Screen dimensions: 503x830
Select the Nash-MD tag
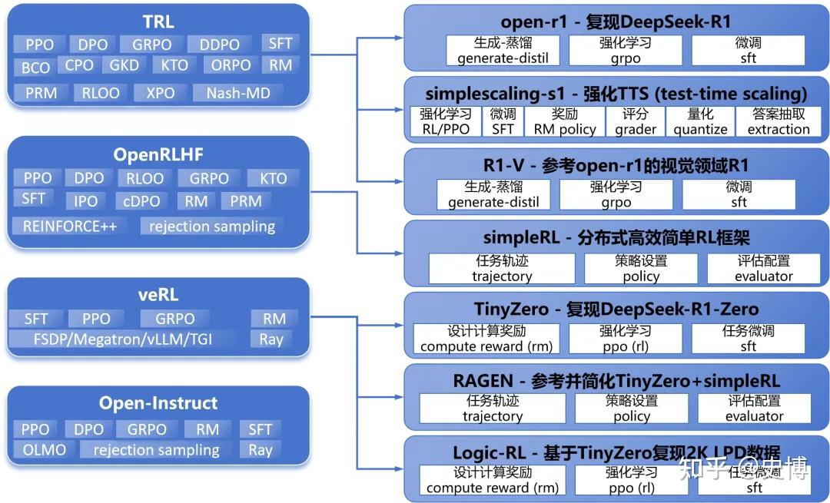238,94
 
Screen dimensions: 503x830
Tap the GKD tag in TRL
124,65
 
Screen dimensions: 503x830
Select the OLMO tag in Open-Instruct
44,450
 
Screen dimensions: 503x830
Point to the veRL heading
158,296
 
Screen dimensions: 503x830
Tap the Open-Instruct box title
158,403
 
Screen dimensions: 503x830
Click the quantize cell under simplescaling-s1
700,121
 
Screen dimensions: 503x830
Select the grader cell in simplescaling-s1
636,121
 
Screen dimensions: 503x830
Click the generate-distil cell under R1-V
493,195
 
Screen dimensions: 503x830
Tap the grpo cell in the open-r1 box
625,51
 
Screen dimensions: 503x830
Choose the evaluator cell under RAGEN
754,409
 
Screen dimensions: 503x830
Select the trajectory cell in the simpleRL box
501,269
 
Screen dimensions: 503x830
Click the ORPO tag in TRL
231,66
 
